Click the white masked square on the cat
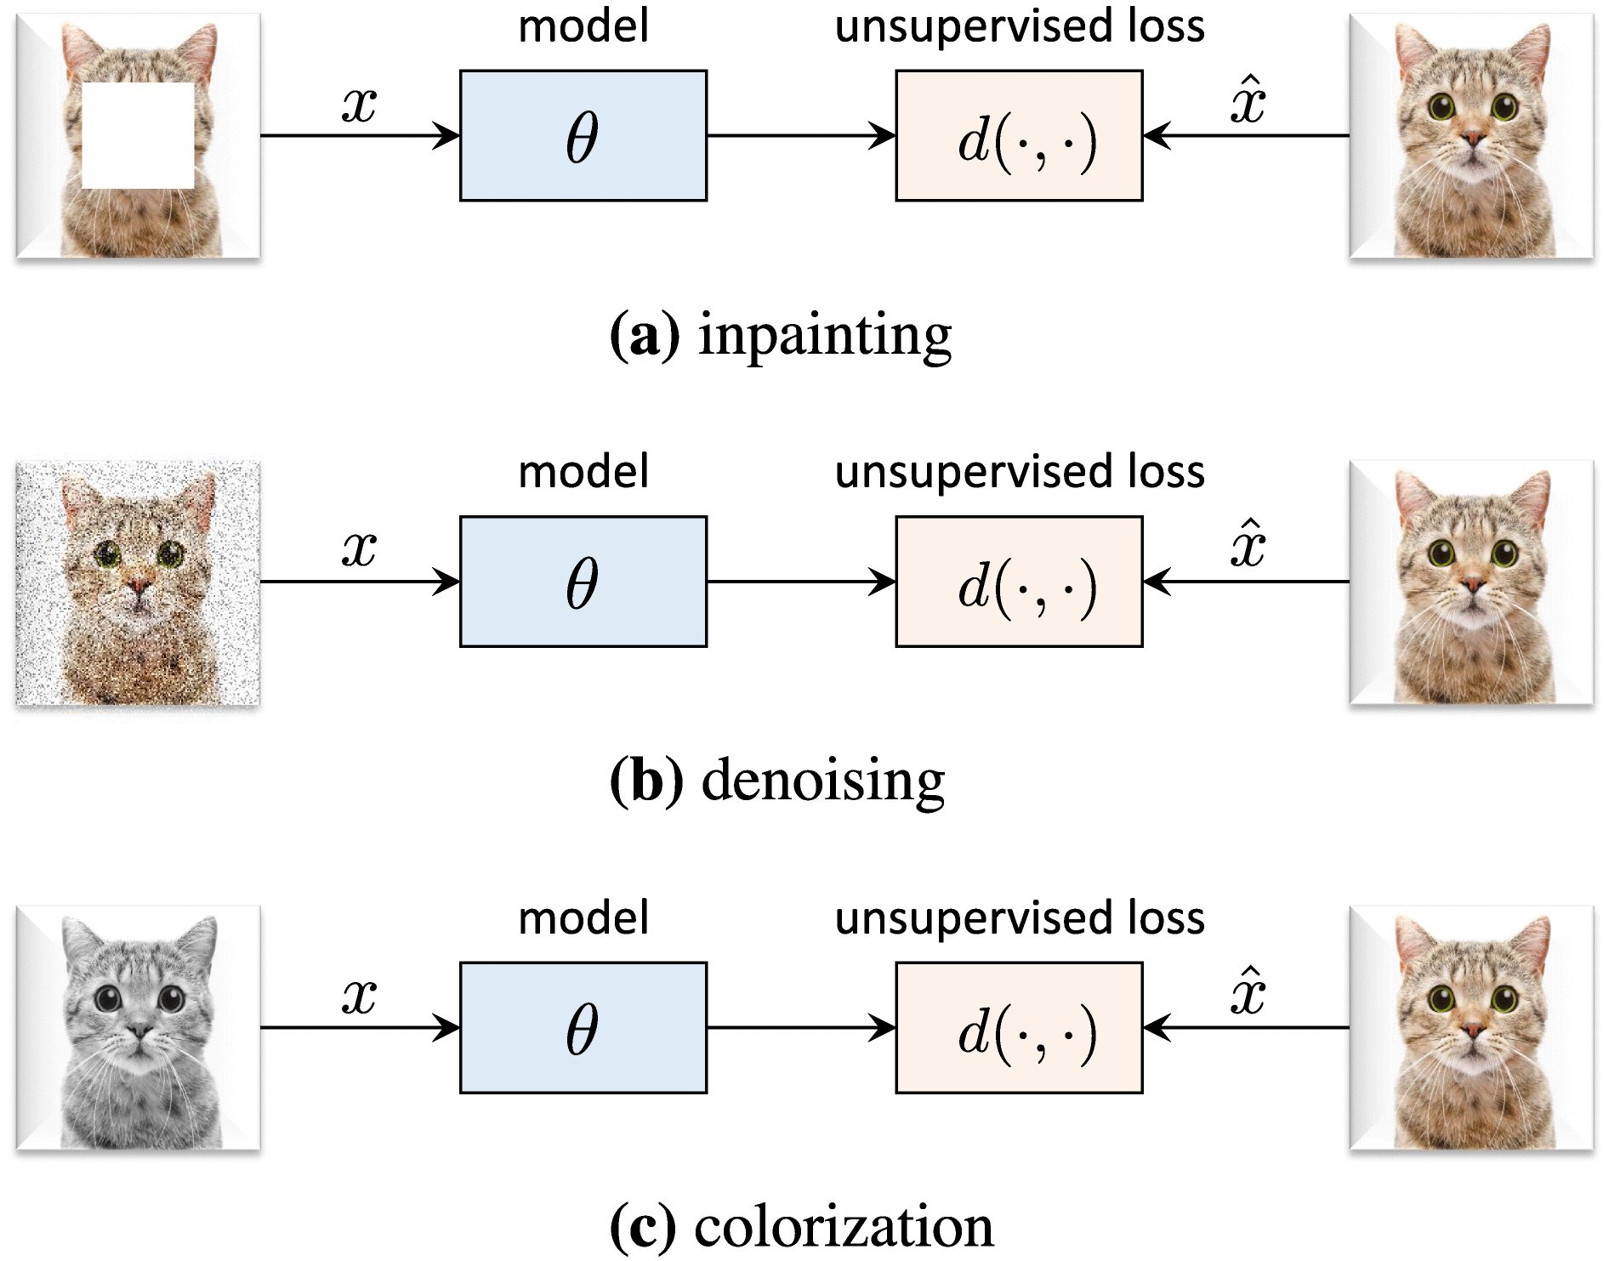click(x=138, y=135)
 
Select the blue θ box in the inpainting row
click(x=583, y=136)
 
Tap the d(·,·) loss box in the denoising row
click(x=1018, y=582)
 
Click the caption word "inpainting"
click(x=824, y=336)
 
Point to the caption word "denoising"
click(x=822, y=781)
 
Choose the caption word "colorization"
click(x=844, y=1226)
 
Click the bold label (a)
click(x=645, y=336)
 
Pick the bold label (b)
click(x=646, y=781)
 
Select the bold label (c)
click(x=644, y=1226)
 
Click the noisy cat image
click(x=138, y=583)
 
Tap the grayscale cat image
click(x=138, y=1028)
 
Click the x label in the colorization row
click(x=359, y=995)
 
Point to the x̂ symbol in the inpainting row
click(x=1248, y=102)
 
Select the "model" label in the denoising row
click(x=583, y=472)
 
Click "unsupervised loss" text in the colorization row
click(x=1019, y=917)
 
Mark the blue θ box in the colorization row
click(x=583, y=1027)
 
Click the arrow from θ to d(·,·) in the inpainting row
click(x=800, y=136)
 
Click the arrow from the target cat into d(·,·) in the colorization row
click(x=1246, y=1028)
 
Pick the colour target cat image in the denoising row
click(x=1471, y=583)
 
